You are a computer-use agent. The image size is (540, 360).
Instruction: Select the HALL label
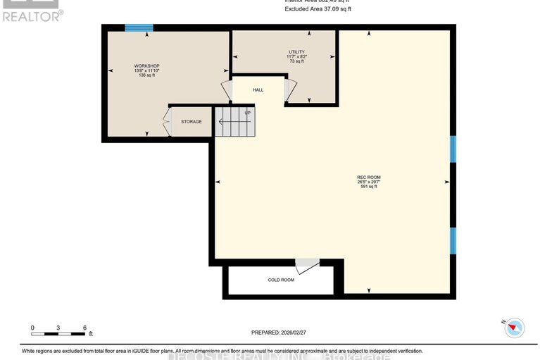pos(258,90)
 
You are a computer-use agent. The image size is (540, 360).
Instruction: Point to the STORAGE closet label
pos(191,122)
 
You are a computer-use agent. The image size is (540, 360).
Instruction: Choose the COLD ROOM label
pos(281,280)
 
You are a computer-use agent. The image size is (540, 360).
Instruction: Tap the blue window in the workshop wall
pos(139,28)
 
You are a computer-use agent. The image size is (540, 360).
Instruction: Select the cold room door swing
pos(306,266)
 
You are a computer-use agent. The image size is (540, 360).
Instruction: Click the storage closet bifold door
pos(167,122)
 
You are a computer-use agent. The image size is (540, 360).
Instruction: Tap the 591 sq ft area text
pos(368,187)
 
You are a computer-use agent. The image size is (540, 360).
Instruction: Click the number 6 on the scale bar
pos(84,328)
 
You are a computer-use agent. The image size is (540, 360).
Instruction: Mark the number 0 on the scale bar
pos(32,328)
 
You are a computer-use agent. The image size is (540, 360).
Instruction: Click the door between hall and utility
pos(289,89)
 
